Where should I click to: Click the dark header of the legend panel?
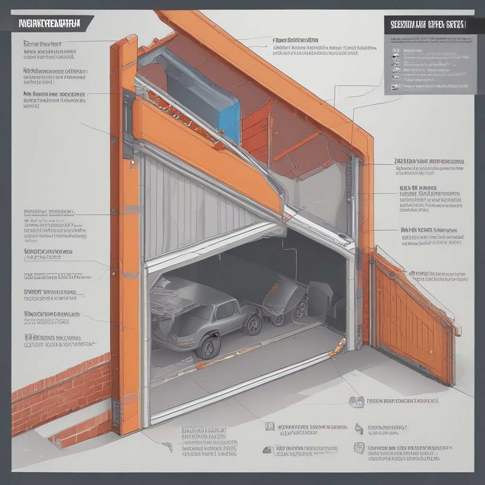[429, 24]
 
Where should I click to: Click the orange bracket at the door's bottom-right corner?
[338, 347]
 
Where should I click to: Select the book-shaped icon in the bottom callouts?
[269, 427]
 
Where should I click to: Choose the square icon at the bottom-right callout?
[359, 448]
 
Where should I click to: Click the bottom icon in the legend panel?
[395, 86]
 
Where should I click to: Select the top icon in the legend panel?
[395, 50]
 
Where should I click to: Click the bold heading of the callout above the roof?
[296, 40]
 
